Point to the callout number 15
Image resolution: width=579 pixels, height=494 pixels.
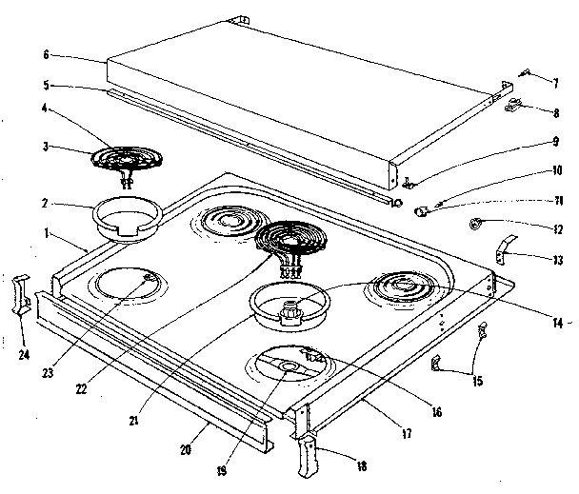click(477, 381)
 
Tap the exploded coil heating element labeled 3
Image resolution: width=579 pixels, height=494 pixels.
click(130, 157)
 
